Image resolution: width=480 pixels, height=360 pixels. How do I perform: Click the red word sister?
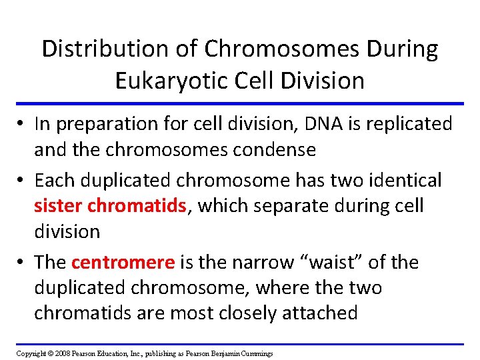coord(59,205)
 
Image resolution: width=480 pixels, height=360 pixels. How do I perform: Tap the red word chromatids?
coord(138,205)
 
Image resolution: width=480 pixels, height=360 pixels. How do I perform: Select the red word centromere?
coord(123,262)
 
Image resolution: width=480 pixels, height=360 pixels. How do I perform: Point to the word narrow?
coord(258,262)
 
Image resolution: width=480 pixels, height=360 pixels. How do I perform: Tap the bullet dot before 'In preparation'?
coord(23,125)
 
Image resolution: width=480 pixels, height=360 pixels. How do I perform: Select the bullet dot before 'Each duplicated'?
coord(23,181)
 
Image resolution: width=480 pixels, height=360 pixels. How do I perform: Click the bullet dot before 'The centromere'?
coord(23,263)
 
